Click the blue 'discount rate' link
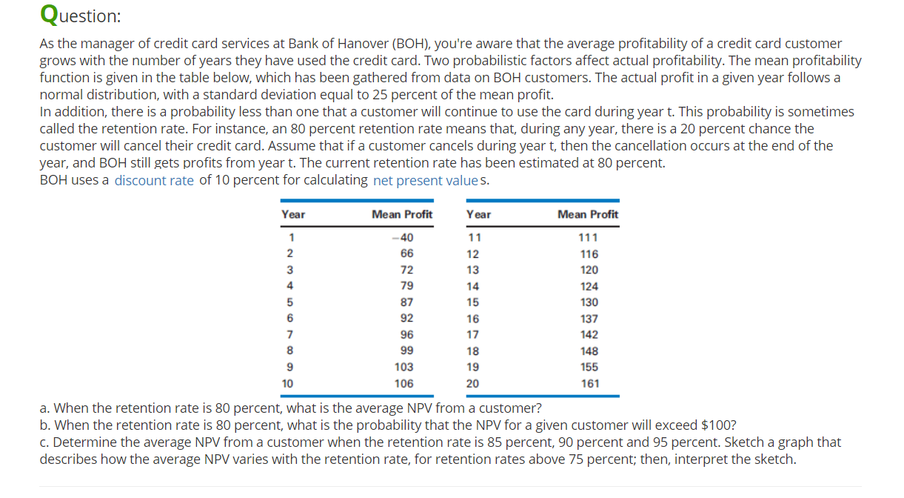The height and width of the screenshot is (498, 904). (154, 180)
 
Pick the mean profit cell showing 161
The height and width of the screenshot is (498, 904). (590, 384)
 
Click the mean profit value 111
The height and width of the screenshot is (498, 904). (589, 238)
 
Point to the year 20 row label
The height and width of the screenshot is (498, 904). (472, 384)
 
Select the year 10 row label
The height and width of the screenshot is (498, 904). (287, 384)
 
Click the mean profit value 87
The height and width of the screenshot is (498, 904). (406, 302)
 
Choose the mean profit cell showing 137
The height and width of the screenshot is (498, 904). (590, 319)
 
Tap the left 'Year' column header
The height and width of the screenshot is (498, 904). (293, 214)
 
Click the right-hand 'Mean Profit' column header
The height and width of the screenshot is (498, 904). (588, 214)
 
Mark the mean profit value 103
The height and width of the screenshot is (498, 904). (404, 368)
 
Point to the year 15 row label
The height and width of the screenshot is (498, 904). (472, 302)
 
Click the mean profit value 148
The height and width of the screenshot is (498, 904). (590, 351)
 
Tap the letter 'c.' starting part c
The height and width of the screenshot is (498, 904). (45, 443)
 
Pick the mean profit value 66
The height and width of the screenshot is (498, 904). (406, 254)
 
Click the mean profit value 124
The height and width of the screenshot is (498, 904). (590, 286)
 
